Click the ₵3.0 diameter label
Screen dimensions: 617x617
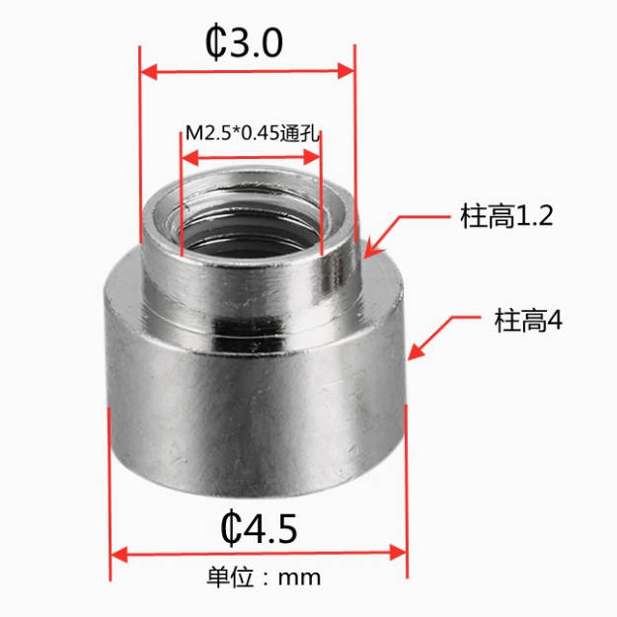point(244,42)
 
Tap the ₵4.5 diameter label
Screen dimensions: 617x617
point(259,528)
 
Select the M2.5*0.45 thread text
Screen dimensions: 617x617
point(232,133)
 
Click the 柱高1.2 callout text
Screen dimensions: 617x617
point(506,215)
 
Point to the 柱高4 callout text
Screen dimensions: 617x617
point(528,321)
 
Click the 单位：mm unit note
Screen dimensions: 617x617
point(264,578)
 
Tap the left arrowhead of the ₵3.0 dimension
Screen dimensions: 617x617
point(149,72)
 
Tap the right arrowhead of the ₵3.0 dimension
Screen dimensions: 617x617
point(347,71)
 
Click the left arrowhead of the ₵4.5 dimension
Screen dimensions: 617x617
point(119,554)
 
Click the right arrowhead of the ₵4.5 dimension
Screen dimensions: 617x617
point(398,553)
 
